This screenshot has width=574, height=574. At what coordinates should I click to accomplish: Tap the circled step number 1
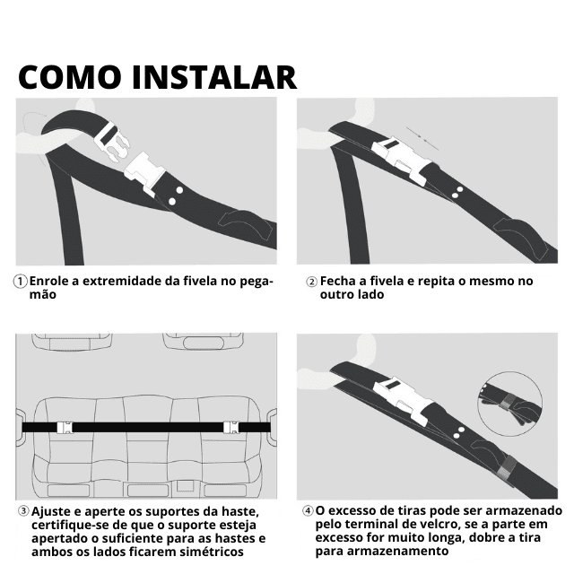click(x=20, y=282)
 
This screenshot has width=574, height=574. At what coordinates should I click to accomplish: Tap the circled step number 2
click(x=311, y=282)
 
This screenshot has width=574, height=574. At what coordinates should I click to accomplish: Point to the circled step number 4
click(x=308, y=511)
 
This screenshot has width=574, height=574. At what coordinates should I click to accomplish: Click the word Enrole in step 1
click(x=51, y=281)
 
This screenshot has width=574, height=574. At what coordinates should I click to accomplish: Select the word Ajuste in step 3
click(x=52, y=511)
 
